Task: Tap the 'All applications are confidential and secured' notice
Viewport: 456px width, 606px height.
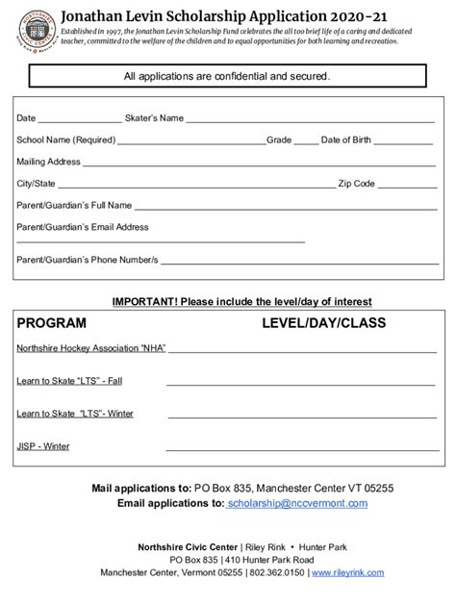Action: point(228,76)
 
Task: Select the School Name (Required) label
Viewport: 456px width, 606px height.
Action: point(61,139)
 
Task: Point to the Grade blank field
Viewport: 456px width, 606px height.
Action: point(304,142)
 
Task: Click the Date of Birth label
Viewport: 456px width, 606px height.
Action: point(348,139)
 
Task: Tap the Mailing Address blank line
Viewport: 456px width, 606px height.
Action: point(260,164)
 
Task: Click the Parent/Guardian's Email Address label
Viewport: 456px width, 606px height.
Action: point(83,227)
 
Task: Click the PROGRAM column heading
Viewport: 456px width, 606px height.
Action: point(51,323)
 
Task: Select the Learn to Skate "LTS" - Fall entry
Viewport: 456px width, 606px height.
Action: point(69,381)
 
